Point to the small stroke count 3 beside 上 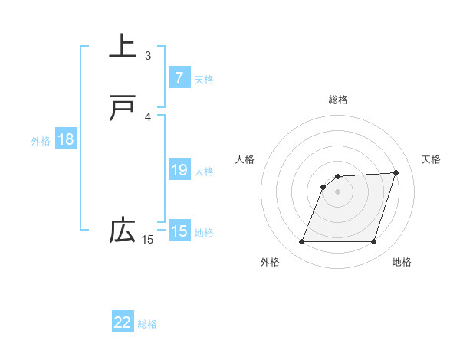[x=148, y=56]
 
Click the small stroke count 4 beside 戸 [x=148, y=116]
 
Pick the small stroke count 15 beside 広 [x=148, y=240]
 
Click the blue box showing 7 [x=179, y=77]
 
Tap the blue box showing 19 [x=179, y=170]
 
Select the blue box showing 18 [x=66, y=139]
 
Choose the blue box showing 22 [x=123, y=322]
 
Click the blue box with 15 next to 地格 [x=179, y=231]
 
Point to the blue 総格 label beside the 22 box [x=147, y=324]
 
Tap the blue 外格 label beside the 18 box [x=41, y=141]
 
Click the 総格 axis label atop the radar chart [x=338, y=100]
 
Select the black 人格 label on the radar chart [x=245, y=159]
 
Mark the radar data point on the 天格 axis [x=396, y=173]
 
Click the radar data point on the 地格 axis [x=374, y=242]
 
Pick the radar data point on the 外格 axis [x=301, y=242]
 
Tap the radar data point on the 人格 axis [x=324, y=187]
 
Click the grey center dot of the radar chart [x=338, y=191]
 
